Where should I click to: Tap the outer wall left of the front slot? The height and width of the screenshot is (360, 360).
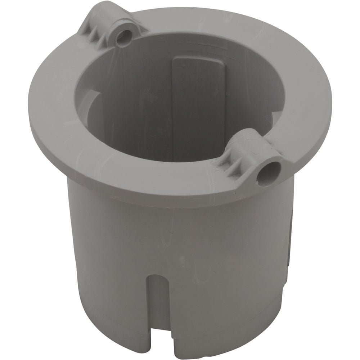[108, 270]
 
